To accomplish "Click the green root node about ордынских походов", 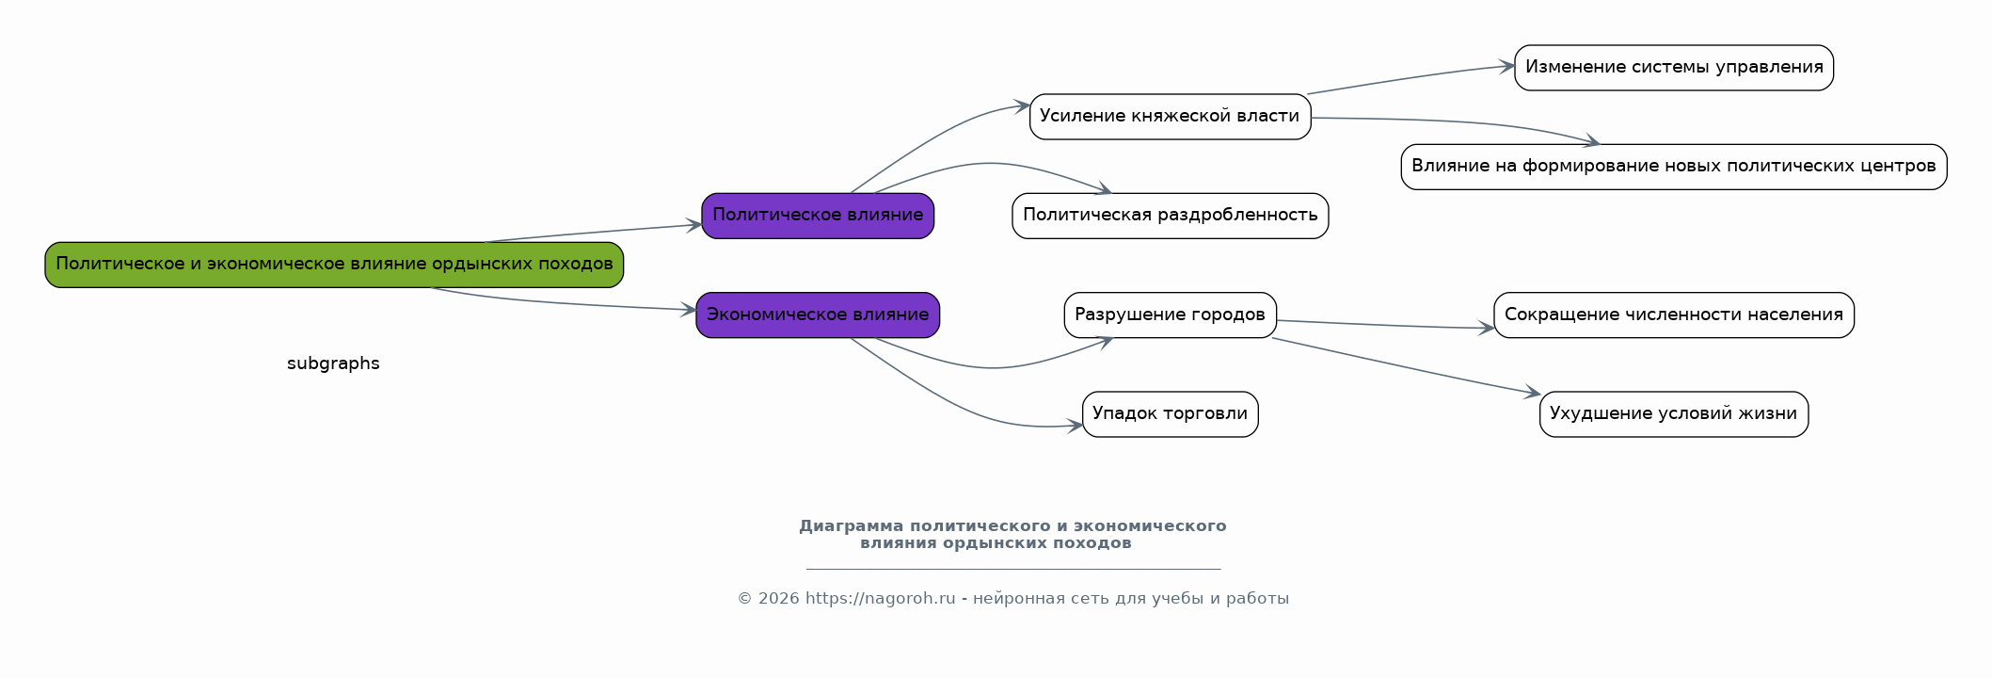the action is [334, 265].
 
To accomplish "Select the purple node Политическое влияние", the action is [818, 216].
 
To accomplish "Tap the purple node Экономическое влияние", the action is [818, 315].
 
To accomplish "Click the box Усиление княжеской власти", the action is [1170, 117].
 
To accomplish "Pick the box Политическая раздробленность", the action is [1170, 216].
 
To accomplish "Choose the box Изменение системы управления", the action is [1674, 68].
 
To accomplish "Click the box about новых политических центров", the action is [1674, 167].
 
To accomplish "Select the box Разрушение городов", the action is [1170, 315].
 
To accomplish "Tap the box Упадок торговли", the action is [1170, 414].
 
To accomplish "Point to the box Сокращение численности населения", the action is [1674, 315].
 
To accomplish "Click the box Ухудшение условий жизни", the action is [1674, 414].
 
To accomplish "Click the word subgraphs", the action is [333, 363].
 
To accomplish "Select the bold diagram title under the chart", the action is [1012, 534].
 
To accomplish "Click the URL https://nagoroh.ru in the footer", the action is [880, 598].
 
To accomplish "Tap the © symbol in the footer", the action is [744, 598].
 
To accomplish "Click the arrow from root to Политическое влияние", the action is [593, 233].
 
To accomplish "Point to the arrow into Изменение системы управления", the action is [1410, 78].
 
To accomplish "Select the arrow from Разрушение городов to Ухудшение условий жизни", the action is [1406, 366].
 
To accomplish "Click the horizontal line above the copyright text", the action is [1013, 569].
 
